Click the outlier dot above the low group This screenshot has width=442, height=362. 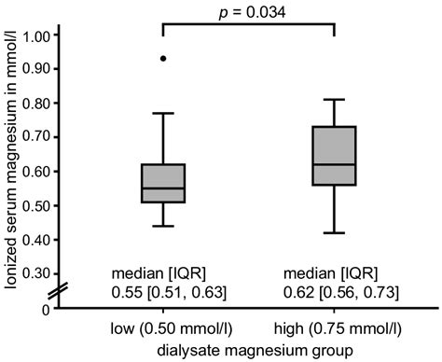click(164, 58)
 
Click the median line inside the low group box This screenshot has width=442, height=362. click(164, 188)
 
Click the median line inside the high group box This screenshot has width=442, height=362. click(335, 164)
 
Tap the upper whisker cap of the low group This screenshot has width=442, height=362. click(164, 113)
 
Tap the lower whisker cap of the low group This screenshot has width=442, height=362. click(164, 226)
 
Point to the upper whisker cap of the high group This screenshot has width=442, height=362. click(335, 99)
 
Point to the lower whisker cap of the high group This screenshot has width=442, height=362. click(335, 232)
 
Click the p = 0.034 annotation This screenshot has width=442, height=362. click(247, 11)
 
